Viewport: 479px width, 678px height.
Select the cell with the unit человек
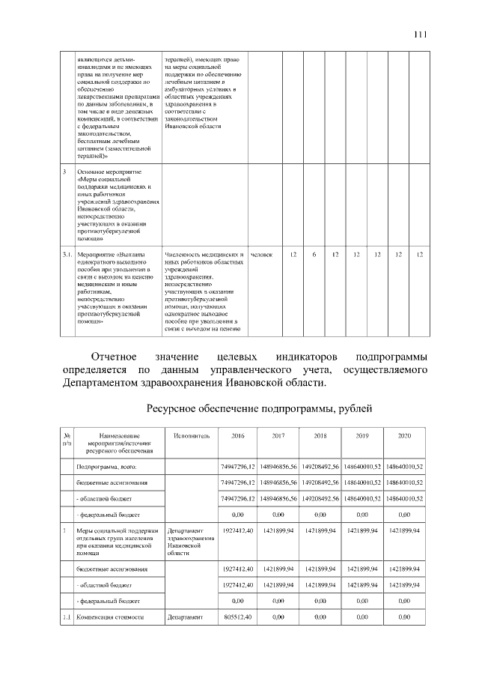[261, 255]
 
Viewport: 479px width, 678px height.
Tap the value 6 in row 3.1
[314, 255]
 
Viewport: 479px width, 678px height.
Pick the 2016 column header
[238, 435]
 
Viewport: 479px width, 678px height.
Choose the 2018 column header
[320, 435]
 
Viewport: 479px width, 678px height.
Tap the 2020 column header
[405, 435]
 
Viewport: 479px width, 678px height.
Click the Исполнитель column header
[192, 435]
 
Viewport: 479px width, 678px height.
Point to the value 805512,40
[238, 617]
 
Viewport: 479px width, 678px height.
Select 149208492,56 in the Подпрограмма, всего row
[320, 467]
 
